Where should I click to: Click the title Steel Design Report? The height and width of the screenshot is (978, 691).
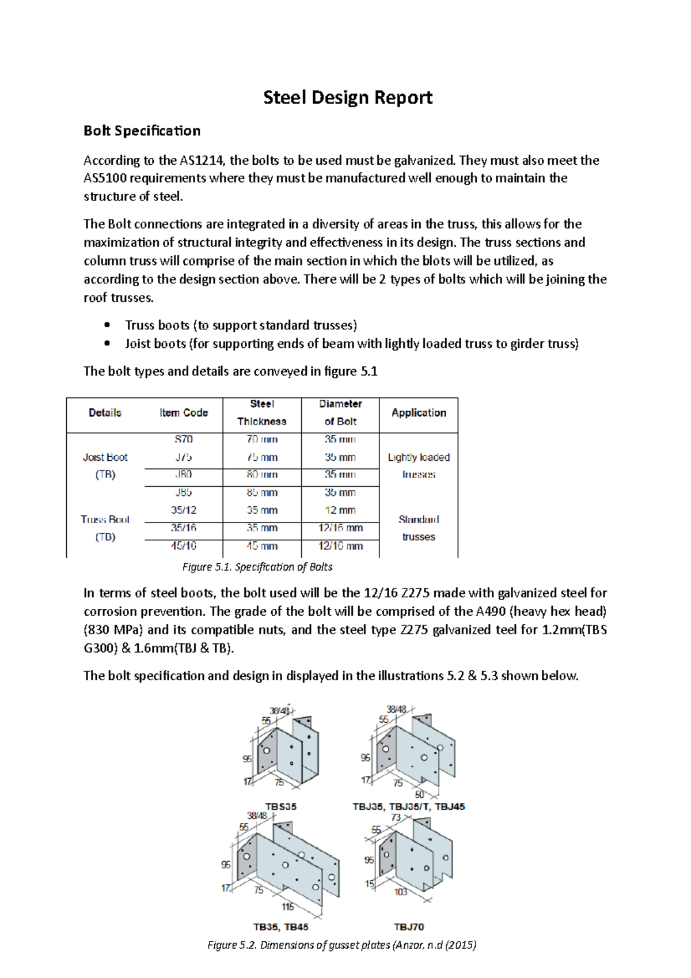click(x=347, y=97)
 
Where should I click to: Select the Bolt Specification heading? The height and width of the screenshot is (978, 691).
click(x=142, y=131)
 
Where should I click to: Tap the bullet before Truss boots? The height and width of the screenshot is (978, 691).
click(x=107, y=325)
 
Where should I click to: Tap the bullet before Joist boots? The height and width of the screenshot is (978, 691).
click(x=107, y=343)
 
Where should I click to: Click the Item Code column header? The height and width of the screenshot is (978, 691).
click(x=183, y=412)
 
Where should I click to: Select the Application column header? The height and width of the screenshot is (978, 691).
click(x=419, y=412)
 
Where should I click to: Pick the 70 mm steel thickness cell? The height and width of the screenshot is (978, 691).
click(x=262, y=439)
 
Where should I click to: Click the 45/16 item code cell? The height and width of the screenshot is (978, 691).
click(x=183, y=545)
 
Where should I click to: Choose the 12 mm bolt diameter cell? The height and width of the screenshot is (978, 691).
click(x=340, y=510)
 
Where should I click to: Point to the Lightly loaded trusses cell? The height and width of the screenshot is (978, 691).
click(x=419, y=465)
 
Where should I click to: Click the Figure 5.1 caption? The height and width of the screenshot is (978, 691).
click(x=257, y=567)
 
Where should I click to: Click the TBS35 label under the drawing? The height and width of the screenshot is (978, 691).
click(x=280, y=806)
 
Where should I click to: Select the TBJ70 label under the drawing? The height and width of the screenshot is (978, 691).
click(x=409, y=927)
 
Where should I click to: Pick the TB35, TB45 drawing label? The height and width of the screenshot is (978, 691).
click(x=280, y=927)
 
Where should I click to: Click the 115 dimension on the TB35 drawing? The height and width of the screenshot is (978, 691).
click(x=288, y=907)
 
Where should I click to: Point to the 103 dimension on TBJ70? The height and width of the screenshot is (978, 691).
click(x=401, y=892)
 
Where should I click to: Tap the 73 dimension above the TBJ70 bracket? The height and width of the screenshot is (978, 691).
click(x=396, y=817)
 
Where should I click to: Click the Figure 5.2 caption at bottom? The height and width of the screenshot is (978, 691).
click(x=341, y=945)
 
